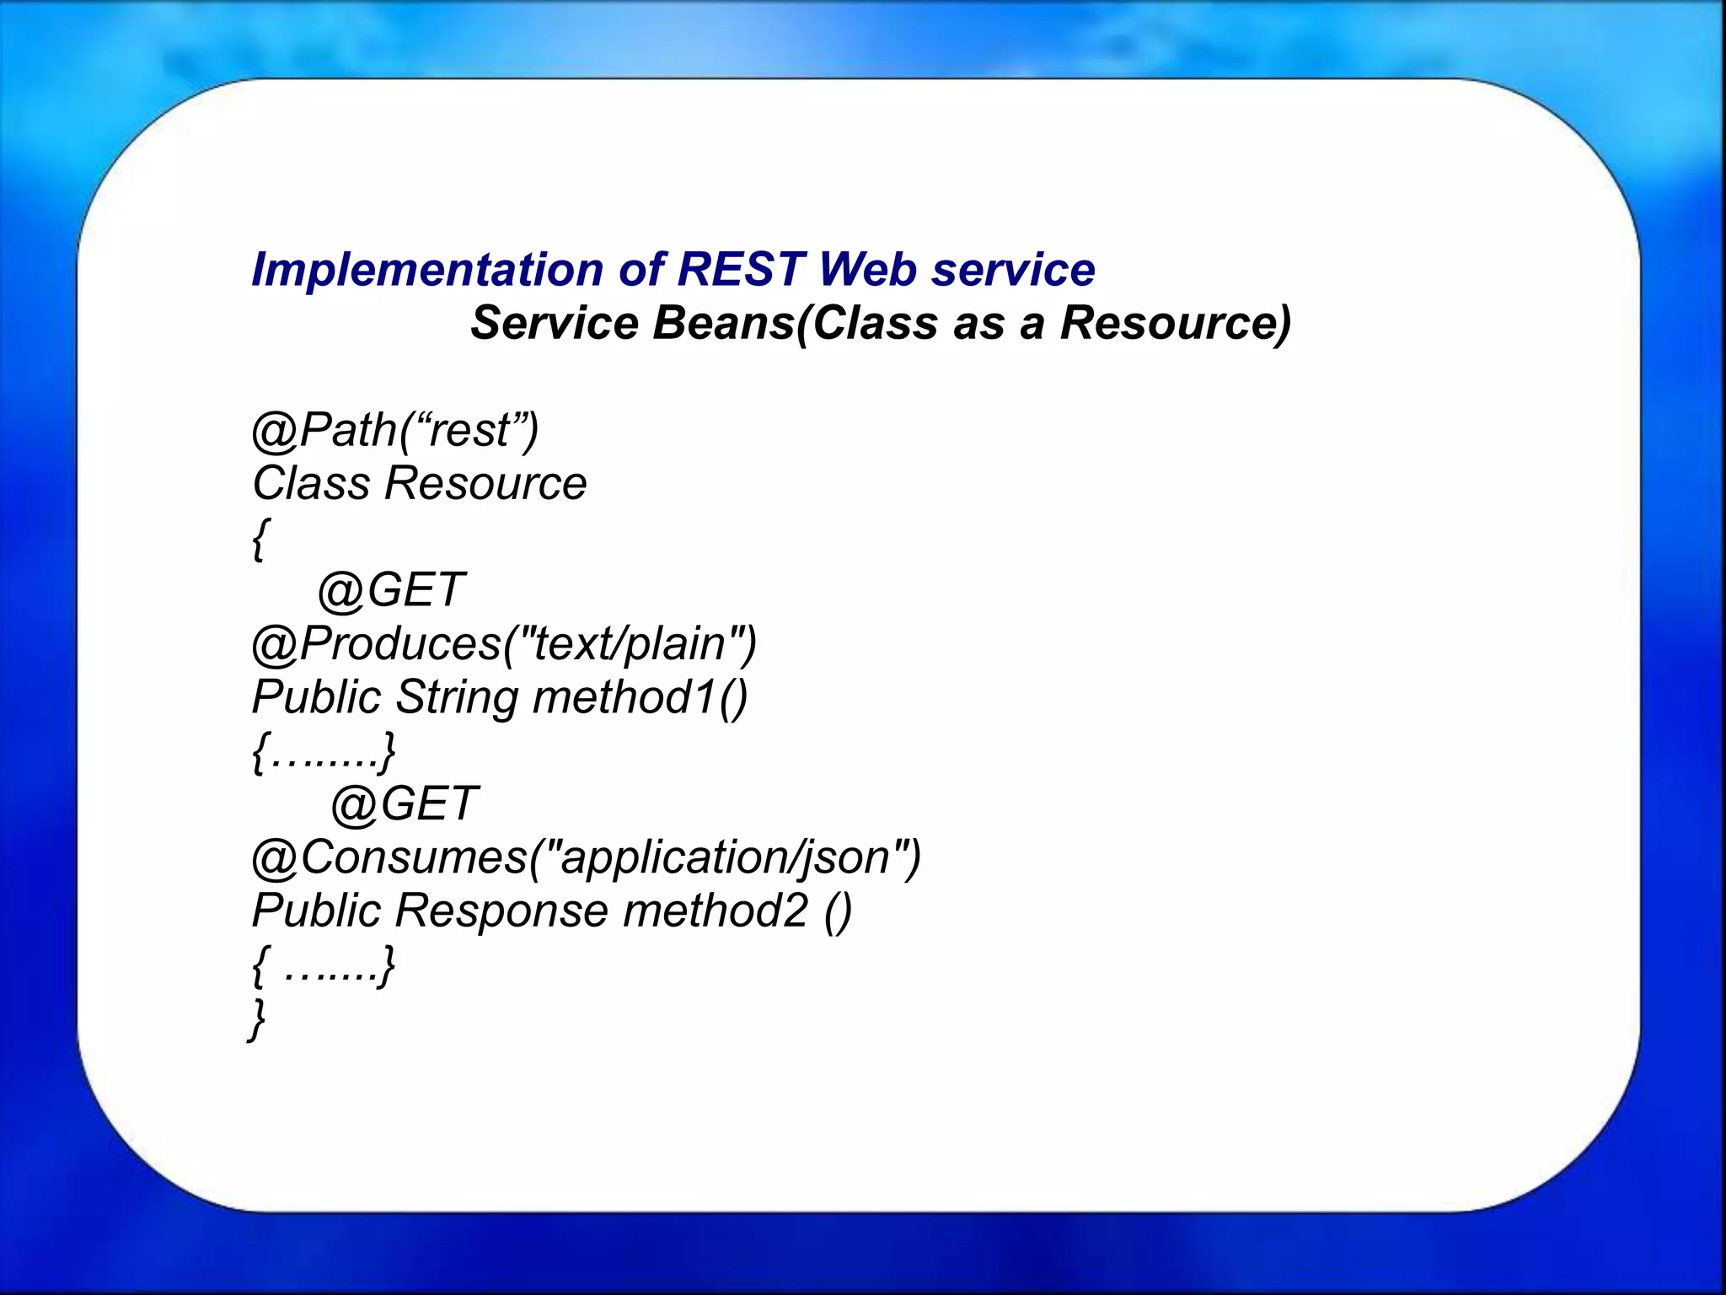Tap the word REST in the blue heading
pos(740,270)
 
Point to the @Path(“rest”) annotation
pos(395,430)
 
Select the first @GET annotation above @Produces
pos(391,589)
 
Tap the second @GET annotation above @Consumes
pos(405,803)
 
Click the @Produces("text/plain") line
pos(504,644)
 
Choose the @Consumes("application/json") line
pos(587,858)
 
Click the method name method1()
pos(641,698)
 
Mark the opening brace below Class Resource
pos(260,538)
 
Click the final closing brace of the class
pos(257,1018)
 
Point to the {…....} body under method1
pos(324,751)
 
